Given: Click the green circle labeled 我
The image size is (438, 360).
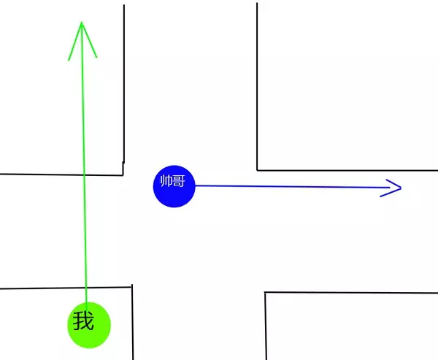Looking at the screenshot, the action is pyautogui.click(x=88, y=323).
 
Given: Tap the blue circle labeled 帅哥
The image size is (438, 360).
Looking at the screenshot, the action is pyautogui.click(x=174, y=185).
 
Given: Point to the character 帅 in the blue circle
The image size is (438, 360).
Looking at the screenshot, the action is pyautogui.click(x=167, y=181).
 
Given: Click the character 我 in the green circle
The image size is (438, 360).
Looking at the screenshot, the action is pyautogui.click(x=84, y=320).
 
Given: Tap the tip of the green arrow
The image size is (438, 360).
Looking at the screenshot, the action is pyautogui.click(x=82, y=22).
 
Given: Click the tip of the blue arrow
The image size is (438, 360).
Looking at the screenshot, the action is pyautogui.click(x=401, y=188).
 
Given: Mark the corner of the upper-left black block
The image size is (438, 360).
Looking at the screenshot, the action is pyautogui.click(x=122, y=175).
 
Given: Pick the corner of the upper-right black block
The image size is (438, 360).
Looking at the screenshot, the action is pyautogui.click(x=258, y=169).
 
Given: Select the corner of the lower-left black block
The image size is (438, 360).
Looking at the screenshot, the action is pyautogui.click(x=131, y=287).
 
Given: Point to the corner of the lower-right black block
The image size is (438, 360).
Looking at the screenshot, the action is pyautogui.click(x=265, y=293).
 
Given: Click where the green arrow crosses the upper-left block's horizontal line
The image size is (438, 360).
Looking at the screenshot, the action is pyautogui.click(x=84, y=175).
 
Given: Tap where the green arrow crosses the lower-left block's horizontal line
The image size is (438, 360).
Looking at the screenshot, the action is pyautogui.click(x=86, y=288).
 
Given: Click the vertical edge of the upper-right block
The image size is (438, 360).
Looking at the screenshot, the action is pyautogui.click(x=257, y=88).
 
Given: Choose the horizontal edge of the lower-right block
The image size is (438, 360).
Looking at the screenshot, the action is pyautogui.click(x=350, y=293).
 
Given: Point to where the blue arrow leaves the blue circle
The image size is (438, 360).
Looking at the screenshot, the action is pyautogui.click(x=196, y=185).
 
